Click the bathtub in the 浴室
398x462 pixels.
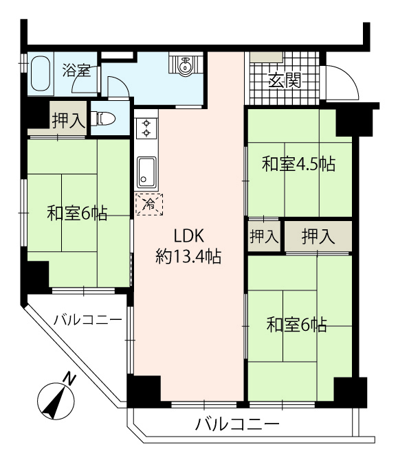41,73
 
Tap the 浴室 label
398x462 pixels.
76,71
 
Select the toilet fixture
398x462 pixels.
102,119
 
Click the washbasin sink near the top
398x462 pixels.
186,65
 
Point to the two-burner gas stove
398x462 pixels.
146,128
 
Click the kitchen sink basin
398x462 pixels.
146,172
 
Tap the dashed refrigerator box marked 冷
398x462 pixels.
149,204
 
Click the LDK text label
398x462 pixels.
188,235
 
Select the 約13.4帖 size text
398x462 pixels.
188,257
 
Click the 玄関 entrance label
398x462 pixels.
285,80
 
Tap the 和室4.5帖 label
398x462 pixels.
299,164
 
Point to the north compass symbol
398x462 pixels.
56,400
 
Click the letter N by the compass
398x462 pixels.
69,378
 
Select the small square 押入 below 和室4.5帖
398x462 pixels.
264,237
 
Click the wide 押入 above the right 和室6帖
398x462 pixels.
318,237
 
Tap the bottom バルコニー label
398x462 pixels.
238,424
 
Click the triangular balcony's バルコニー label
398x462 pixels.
87,320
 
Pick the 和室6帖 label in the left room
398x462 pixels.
77,213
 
